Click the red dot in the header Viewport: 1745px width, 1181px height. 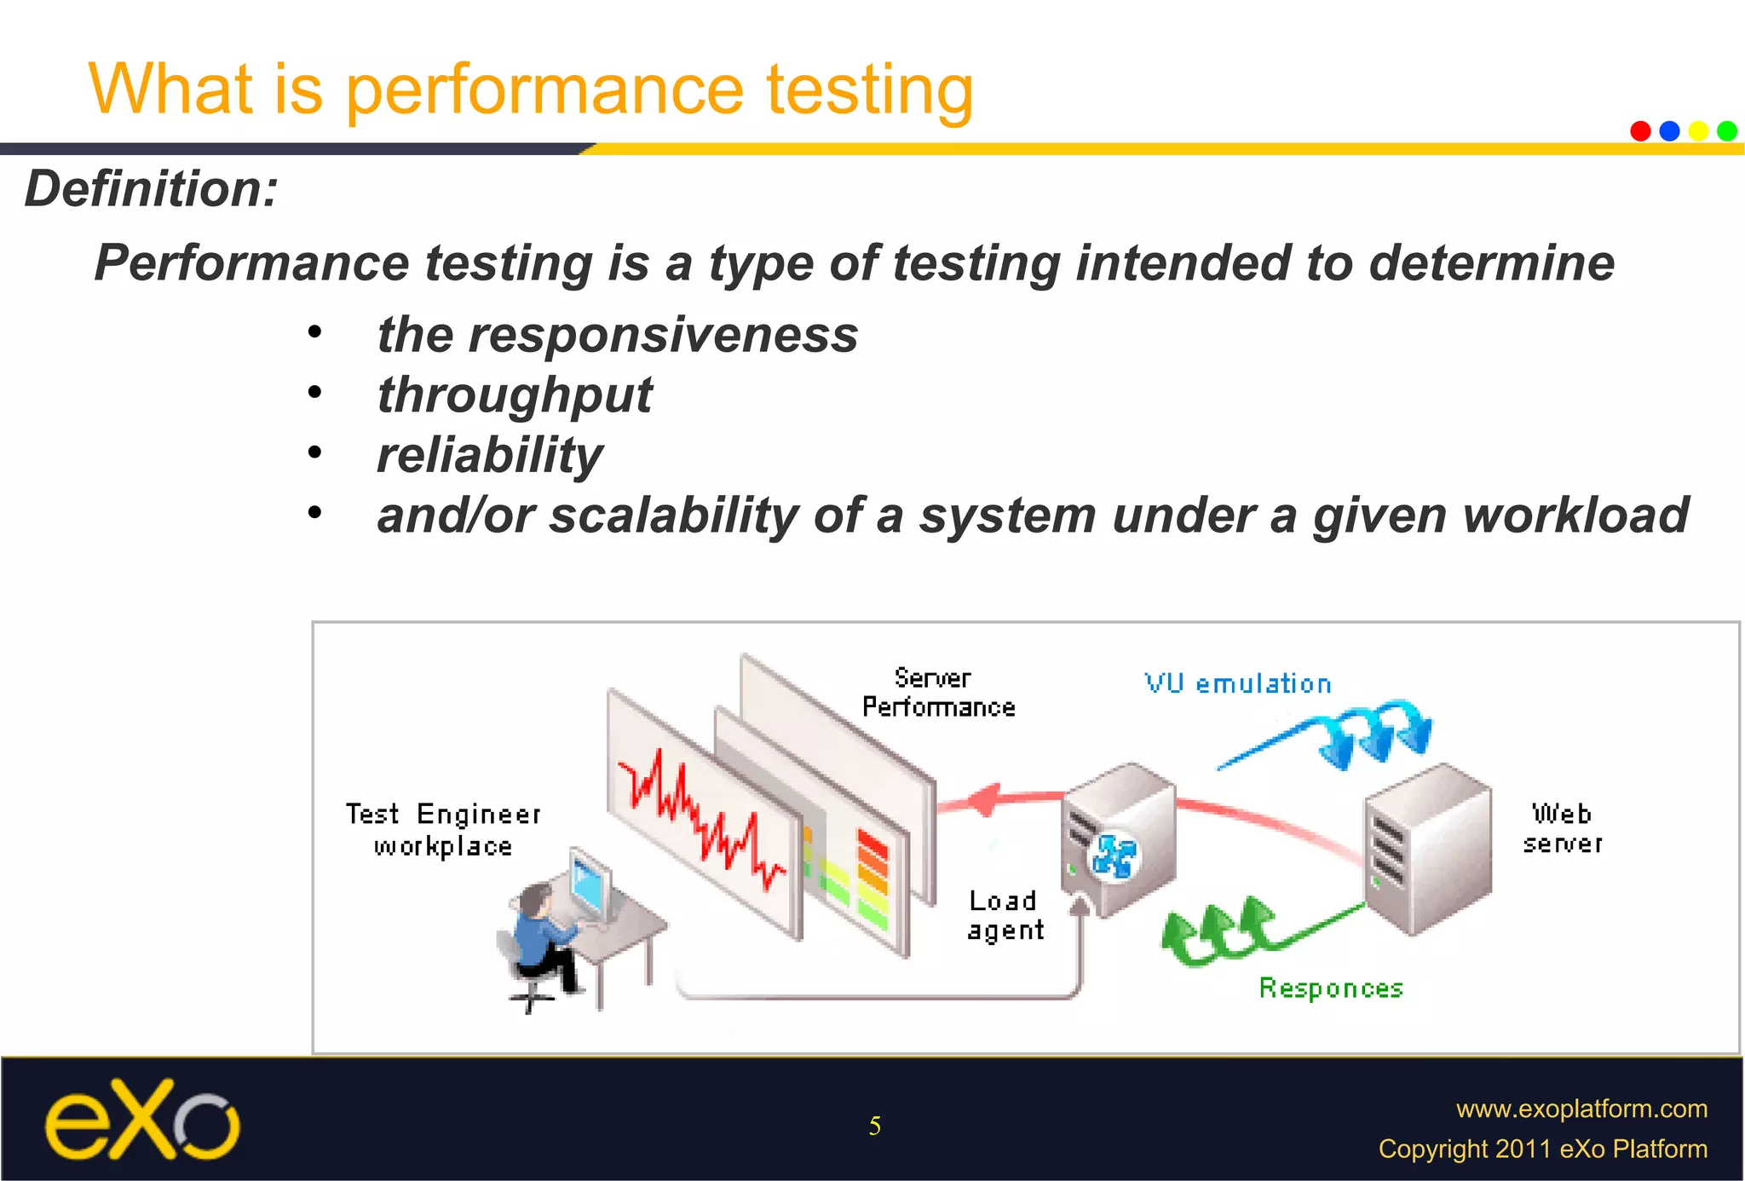1640,131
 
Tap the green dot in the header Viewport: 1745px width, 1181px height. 1727,131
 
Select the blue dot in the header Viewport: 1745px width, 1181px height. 1669,131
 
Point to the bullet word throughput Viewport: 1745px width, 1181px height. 515,395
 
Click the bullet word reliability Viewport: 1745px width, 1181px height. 490,455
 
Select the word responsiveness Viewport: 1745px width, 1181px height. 663,334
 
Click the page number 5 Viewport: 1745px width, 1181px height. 874,1126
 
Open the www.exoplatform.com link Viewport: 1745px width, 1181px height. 1581,1109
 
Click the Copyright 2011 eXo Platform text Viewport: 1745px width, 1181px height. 1542,1149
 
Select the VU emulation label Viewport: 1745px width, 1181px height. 1237,683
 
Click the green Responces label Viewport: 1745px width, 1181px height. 1331,988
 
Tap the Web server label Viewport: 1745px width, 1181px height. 1562,827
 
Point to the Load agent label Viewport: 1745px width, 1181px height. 1005,915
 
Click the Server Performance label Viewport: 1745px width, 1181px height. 937,693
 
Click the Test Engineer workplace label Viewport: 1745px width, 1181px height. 443,829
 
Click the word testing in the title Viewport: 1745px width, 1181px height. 869,89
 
